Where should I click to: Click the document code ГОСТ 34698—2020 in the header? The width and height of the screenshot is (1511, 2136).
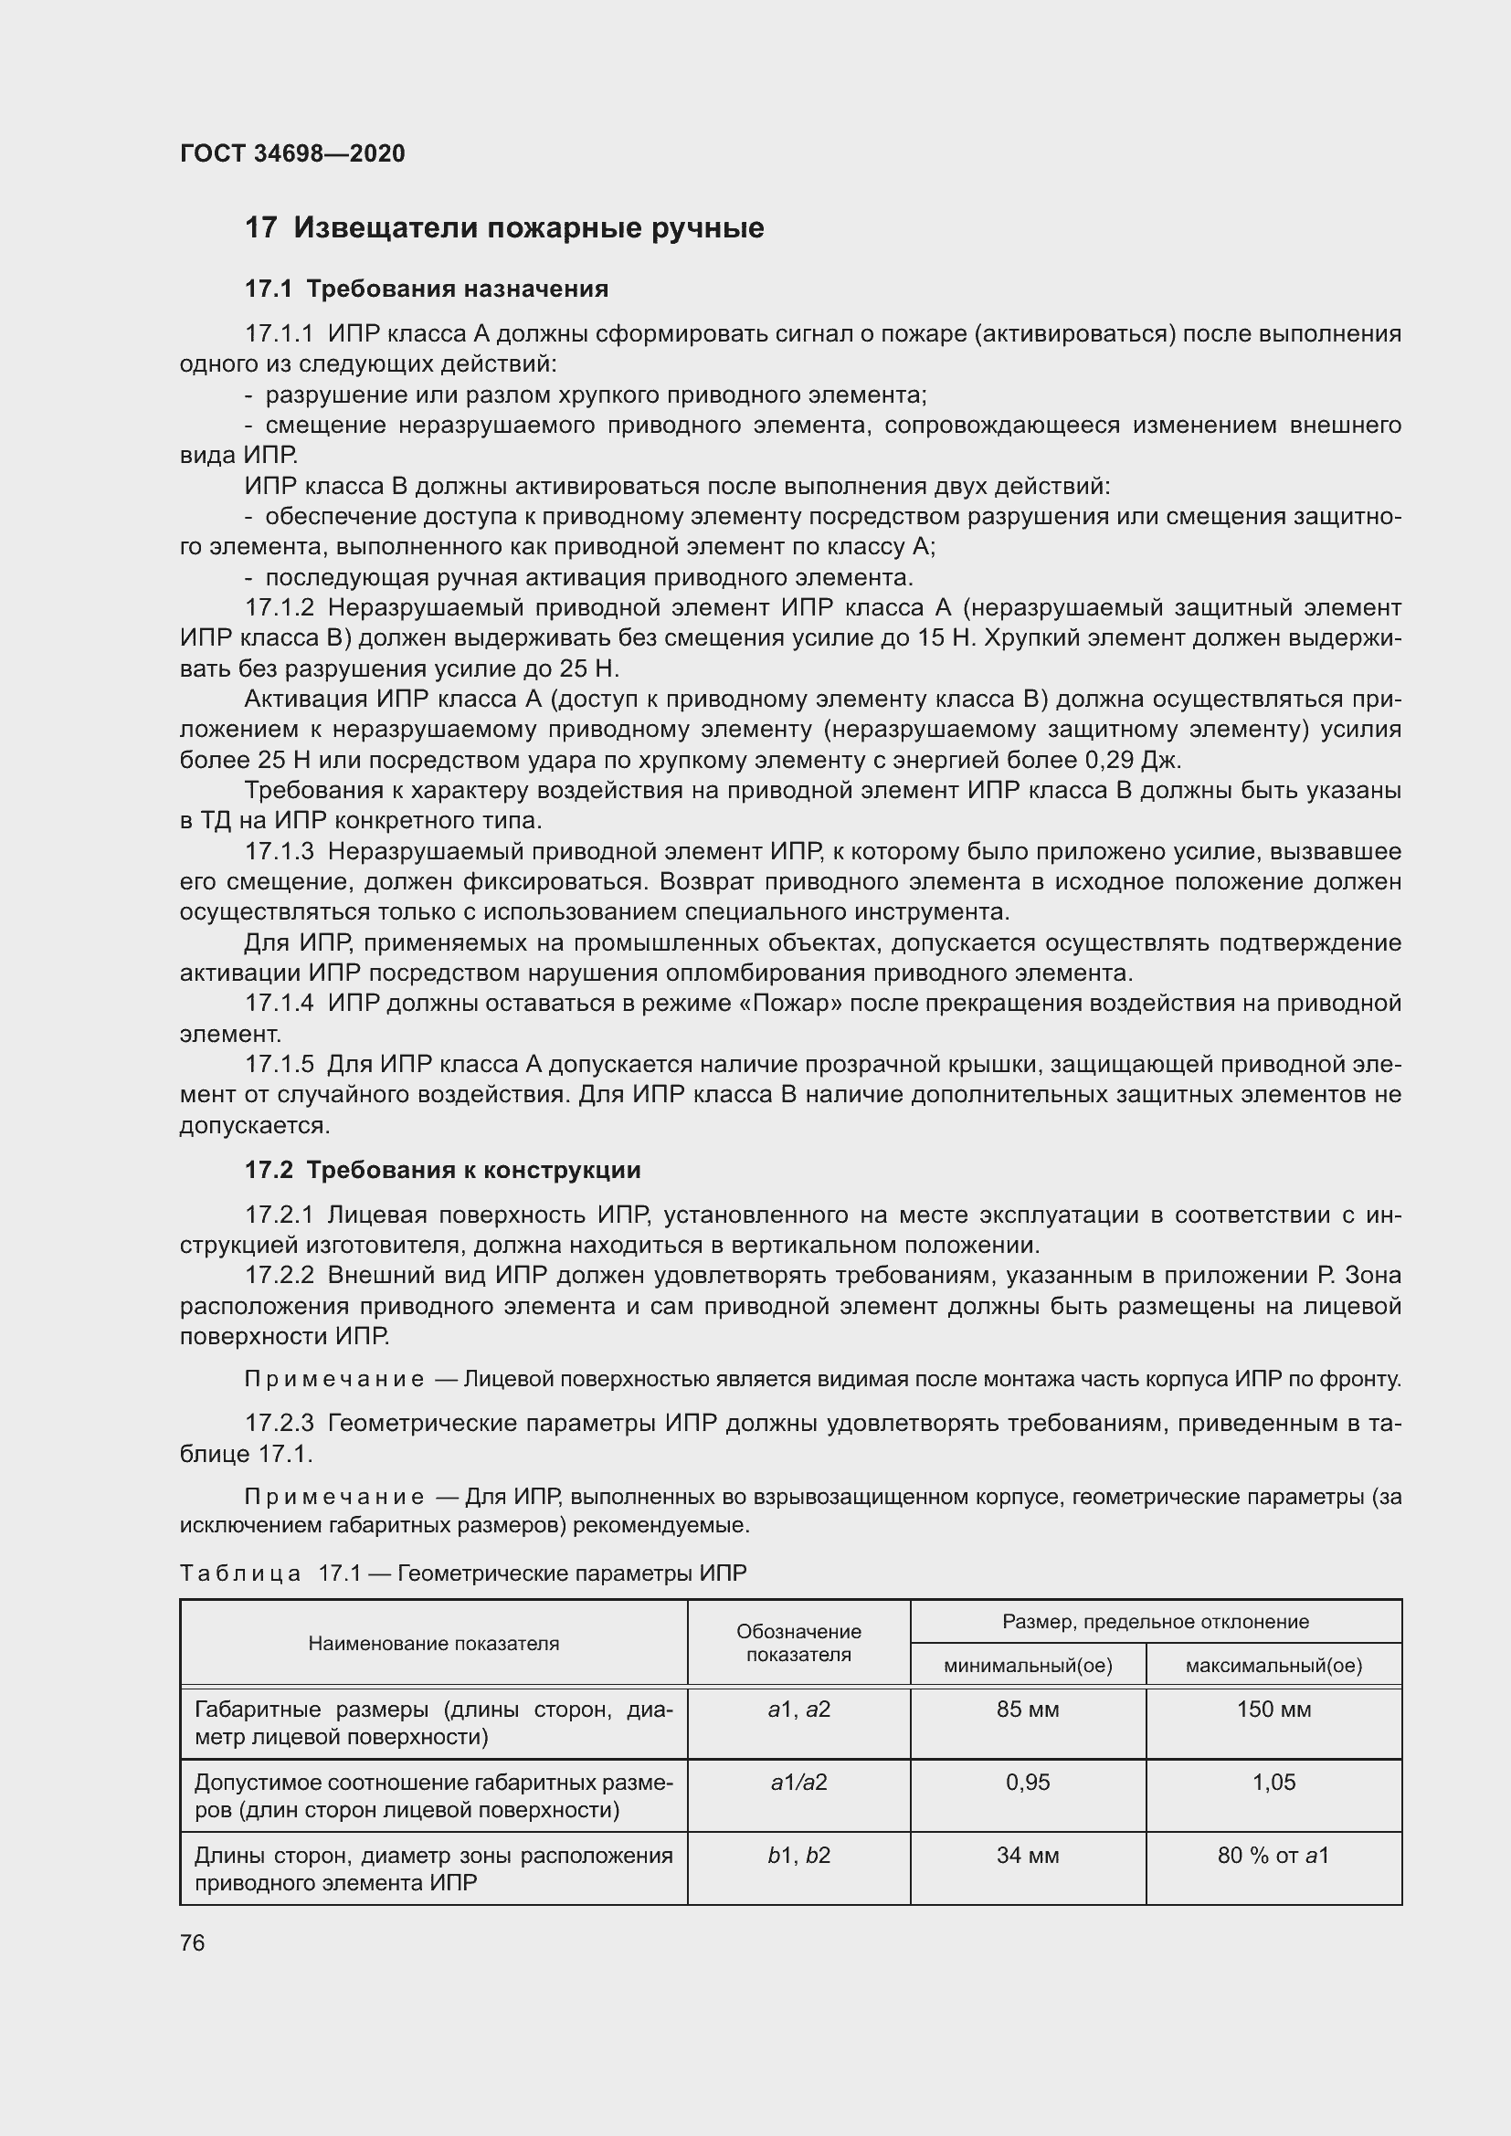(x=292, y=153)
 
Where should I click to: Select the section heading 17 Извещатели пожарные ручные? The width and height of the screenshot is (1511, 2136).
(x=503, y=228)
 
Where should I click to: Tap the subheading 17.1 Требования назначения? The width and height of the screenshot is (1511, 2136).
(x=426, y=289)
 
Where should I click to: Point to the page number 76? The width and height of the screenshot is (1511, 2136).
(x=193, y=1942)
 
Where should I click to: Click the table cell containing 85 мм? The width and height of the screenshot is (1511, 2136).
(x=1027, y=1709)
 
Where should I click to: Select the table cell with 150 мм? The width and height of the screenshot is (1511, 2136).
(x=1273, y=1709)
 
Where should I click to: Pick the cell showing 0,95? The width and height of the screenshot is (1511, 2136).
(x=1027, y=1782)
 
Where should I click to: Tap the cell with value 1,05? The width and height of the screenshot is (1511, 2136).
(x=1273, y=1782)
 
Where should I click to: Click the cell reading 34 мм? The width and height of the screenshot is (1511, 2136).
(x=1027, y=1855)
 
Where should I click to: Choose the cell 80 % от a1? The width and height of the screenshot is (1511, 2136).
(x=1273, y=1855)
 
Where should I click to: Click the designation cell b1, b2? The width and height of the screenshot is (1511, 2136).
(x=798, y=1855)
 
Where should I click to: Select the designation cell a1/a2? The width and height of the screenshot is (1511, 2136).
(x=798, y=1782)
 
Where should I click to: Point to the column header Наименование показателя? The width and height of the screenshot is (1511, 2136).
(x=434, y=1643)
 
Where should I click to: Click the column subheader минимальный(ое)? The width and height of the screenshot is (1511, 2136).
(x=1027, y=1666)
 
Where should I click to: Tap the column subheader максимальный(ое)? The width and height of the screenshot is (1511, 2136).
(x=1273, y=1666)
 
